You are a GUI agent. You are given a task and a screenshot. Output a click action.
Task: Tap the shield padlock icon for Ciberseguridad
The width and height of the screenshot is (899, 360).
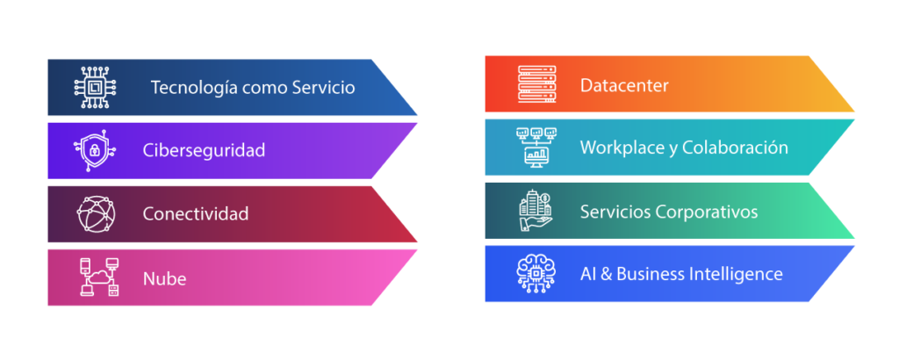(x=93, y=150)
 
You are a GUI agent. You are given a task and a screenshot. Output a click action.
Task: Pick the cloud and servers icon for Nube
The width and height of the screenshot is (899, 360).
(x=98, y=277)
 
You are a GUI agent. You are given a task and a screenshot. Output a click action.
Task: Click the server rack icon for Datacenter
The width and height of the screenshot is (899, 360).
(x=536, y=85)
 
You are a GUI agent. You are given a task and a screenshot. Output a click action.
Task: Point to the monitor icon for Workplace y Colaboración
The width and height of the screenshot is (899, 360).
(x=536, y=148)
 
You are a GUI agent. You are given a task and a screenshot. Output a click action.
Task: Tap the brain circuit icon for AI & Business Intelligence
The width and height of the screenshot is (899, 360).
(x=536, y=273)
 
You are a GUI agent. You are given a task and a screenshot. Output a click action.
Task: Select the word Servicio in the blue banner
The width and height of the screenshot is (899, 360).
(x=325, y=88)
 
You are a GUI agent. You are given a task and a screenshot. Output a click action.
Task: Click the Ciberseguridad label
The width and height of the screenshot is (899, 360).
(x=204, y=150)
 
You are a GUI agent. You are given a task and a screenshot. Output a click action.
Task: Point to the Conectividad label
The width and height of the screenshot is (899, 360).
(x=196, y=213)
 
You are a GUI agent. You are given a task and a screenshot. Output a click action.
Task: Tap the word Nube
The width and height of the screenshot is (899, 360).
(x=164, y=279)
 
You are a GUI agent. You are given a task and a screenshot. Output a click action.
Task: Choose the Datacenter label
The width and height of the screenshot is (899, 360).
(x=624, y=86)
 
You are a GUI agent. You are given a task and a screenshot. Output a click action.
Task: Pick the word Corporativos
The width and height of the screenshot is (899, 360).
(x=707, y=212)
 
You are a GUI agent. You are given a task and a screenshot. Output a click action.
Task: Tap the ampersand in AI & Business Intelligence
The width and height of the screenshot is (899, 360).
(x=605, y=274)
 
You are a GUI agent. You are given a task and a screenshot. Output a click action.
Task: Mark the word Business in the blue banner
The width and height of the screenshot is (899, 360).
(x=650, y=274)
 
